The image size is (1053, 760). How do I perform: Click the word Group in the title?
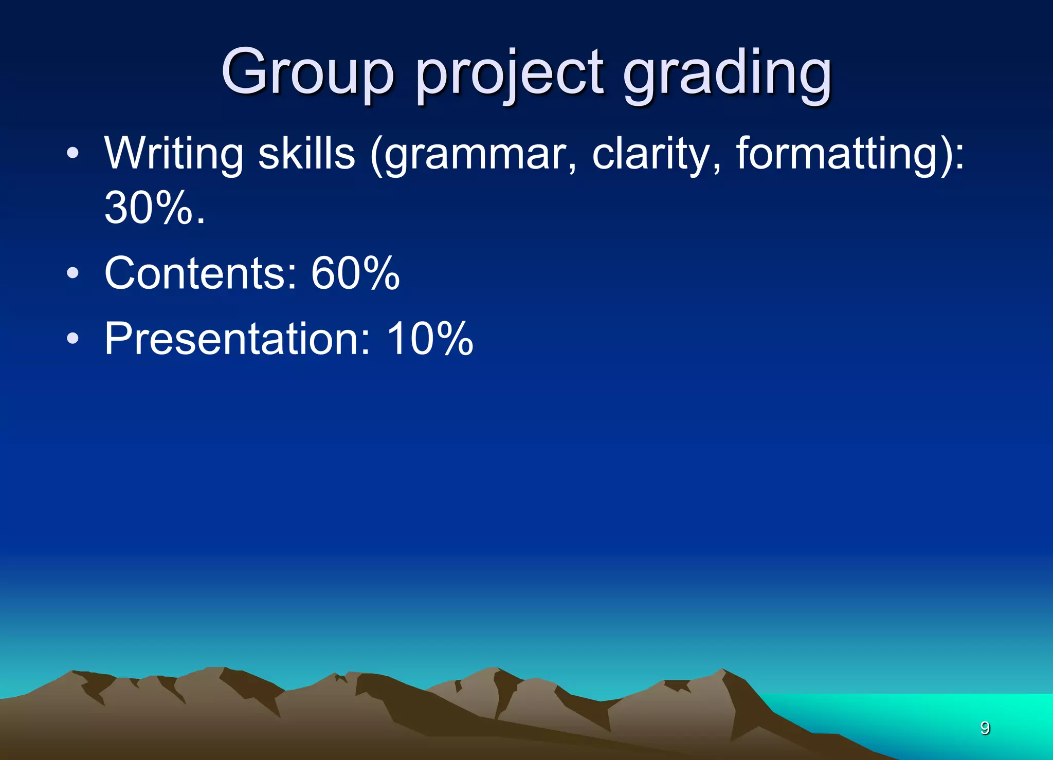coord(307,73)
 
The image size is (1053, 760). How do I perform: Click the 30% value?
coord(149,208)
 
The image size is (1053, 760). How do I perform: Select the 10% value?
coord(430,339)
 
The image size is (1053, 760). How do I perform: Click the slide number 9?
coord(985,728)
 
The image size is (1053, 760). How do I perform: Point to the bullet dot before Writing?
coord(73,153)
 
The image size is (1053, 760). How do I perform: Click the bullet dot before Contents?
coord(73,273)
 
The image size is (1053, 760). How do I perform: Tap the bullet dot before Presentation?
coord(73,338)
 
